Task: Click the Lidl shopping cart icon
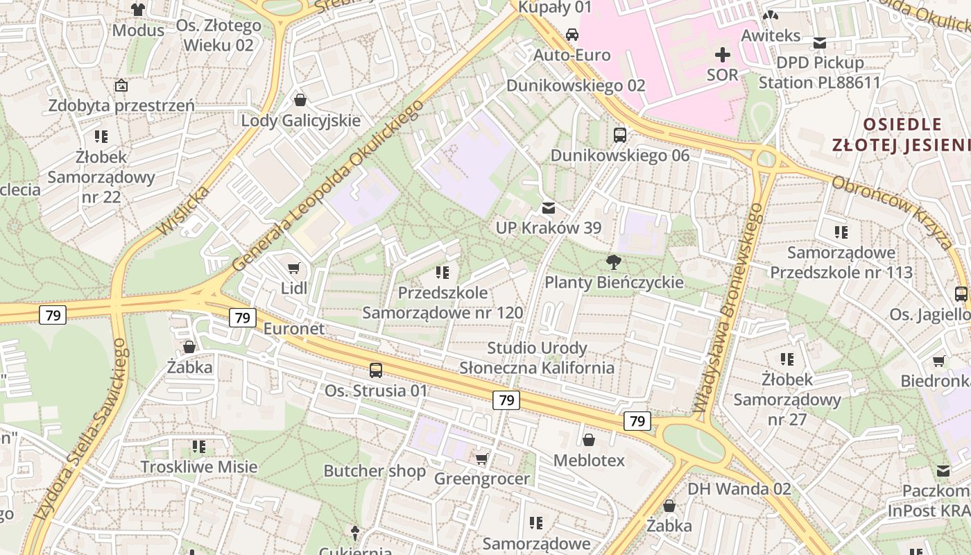[293, 268]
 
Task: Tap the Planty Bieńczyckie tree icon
[613, 262]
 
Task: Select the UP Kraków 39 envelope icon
[549, 207]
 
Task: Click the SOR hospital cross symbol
[723, 54]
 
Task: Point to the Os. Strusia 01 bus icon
[376, 370]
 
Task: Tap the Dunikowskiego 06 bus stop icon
[620, 135]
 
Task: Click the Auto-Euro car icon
[572, 35]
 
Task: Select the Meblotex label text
[589, 460]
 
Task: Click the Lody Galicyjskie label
[301, 120]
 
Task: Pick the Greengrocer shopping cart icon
[482, 459]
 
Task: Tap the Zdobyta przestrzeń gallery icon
[121, 85]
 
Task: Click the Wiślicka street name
[173, 210]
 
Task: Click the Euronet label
[293, 328]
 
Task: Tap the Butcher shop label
[375, 471]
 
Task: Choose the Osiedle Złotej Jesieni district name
[902, 135]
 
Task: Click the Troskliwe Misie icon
[199, 446]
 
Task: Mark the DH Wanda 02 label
[739, 488]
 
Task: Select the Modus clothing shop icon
[138, 10]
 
